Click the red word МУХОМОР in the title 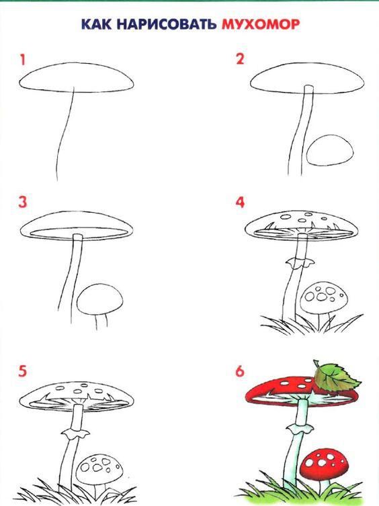click(x=261, y=24)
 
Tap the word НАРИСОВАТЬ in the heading click(x=167, y=25)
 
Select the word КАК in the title click(x=96, y=25)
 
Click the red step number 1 click(x=22, y=60)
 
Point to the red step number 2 click(x=240, y=59)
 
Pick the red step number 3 click(x=23, y=203)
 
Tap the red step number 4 click(x=240, y=203)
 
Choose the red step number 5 click(x=22, y=371)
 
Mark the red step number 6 click(x=240, y=371)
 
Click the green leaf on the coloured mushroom click(x=336, y=378)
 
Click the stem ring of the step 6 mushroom click(x=300, y=429)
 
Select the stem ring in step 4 click(x=300, y=262)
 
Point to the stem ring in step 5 click(x=76, y=433)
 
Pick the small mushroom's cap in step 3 click(x=100, y=299)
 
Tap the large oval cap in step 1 click(x=76, y=78)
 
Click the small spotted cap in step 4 click(x=324, y=297)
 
